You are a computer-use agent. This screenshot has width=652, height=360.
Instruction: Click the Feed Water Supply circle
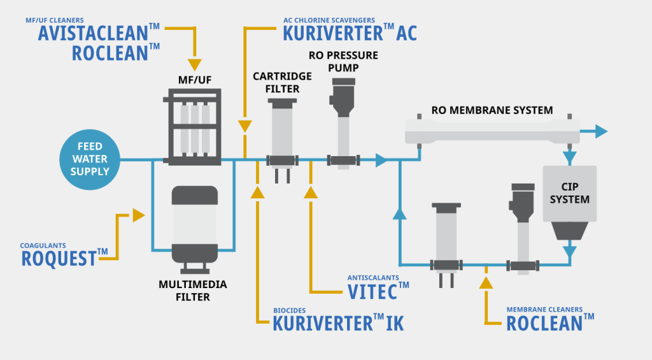point(90,159)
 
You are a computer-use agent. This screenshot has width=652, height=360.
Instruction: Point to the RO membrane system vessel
point(493,133)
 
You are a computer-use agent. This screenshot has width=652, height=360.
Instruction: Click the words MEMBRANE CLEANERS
point(544,310)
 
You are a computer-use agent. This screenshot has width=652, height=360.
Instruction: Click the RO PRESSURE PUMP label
point(343,62)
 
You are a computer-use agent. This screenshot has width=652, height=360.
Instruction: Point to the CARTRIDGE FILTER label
point(283,82)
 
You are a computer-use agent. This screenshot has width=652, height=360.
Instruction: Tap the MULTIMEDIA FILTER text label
point(193,290)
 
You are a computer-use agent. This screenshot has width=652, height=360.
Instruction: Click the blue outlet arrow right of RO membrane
point(601,132)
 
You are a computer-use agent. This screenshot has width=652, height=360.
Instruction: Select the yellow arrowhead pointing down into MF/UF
point(194,65)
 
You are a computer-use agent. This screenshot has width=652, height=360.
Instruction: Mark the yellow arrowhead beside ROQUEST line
point(138,215)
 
